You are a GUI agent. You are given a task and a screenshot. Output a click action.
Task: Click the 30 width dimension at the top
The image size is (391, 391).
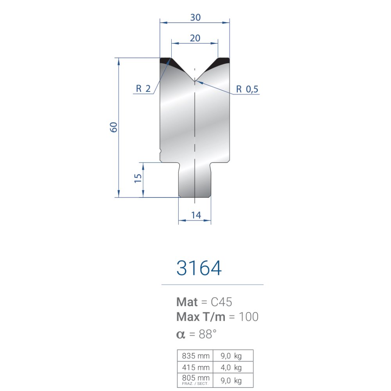pos(195,18)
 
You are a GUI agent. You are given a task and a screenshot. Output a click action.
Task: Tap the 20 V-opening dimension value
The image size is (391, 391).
pos(195,38)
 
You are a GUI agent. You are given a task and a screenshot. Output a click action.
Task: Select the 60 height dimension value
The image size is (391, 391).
pos(114,127)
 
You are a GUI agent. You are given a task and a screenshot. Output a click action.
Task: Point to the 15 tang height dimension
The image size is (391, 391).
pos(138,178)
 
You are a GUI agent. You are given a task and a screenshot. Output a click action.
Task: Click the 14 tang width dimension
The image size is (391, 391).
pos(196,215)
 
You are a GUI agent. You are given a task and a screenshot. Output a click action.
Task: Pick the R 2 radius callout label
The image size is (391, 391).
pos(143,88)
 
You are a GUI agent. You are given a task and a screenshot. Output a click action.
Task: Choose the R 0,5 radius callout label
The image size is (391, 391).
pos(247,89)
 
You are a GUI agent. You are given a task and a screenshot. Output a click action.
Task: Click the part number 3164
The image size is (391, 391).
pos(199,268)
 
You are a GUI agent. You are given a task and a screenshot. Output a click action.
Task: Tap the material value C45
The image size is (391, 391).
pos(221,302)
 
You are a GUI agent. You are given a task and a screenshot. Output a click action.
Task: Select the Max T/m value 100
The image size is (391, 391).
pos(249,317)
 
